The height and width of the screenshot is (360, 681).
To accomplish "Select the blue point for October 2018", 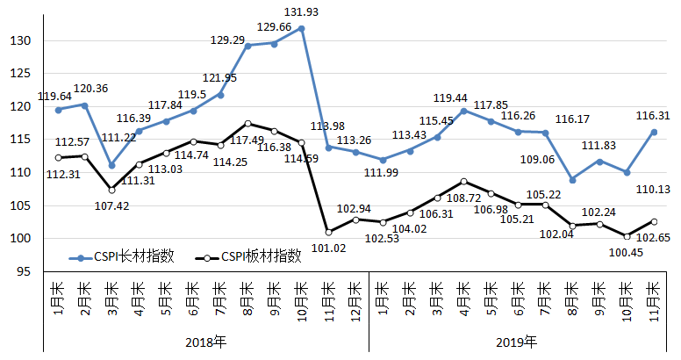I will coord(302,28).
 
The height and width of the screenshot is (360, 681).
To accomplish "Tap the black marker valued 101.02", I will coord(328,232).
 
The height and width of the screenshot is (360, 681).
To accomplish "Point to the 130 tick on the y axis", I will coord(22,41).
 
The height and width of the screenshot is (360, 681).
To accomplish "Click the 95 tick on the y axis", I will coord(25,271).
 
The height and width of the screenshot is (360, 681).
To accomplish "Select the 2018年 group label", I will coord(205,342).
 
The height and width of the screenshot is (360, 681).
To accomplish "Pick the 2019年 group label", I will coord(518,342).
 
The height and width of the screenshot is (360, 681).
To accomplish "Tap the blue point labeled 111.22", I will coord(111,165).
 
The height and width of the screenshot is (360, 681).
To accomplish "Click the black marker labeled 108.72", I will coord(464,182).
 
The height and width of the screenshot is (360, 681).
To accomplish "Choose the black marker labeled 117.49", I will coord(248,124).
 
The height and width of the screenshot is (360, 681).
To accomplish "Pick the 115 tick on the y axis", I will coord(22,140).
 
